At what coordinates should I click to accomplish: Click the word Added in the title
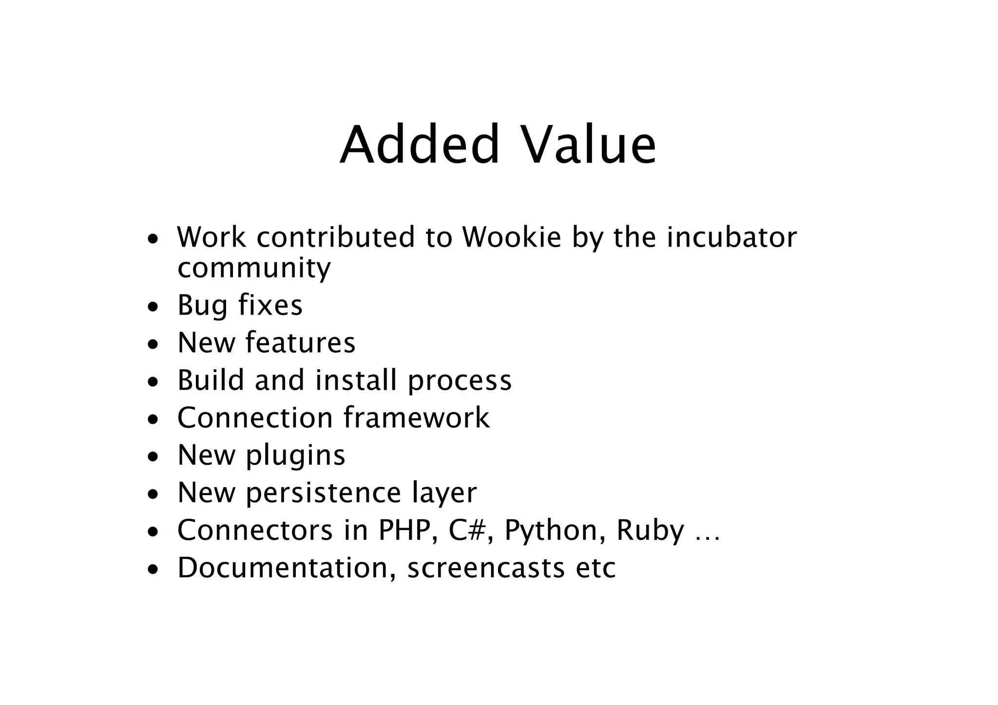click(420, 145)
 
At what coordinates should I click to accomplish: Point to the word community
click(254, 268)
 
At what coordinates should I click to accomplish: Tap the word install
click(356, 380)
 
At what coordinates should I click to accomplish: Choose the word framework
click(416, 418)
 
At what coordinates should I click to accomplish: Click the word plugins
click(295, 456)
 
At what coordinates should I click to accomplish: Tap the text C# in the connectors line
click(467, 530)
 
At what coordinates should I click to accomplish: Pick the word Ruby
click(650, 531)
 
